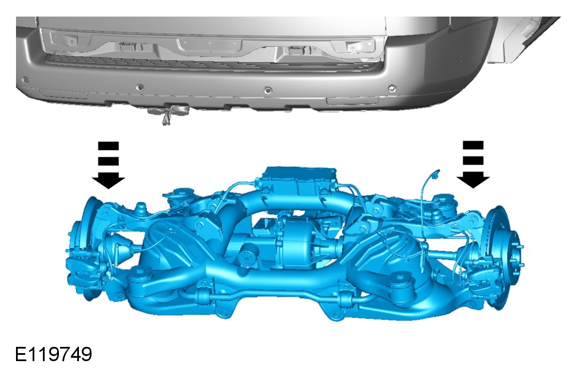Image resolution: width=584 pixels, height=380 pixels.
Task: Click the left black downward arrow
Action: tap(108, 165)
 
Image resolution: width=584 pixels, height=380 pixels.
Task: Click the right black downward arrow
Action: tap(473, 164)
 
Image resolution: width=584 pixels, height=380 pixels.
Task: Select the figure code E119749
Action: tap(53, 354)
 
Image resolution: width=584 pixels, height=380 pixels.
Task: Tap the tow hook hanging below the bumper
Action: tap(169, 113)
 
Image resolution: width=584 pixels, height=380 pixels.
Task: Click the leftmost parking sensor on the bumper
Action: tap(25, 80)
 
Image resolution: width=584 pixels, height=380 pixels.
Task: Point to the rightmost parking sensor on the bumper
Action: tap(391, 89)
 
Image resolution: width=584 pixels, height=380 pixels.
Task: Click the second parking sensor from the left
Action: tap(140, 87)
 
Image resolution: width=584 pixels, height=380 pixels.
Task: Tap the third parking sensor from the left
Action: tap(268, 90)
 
